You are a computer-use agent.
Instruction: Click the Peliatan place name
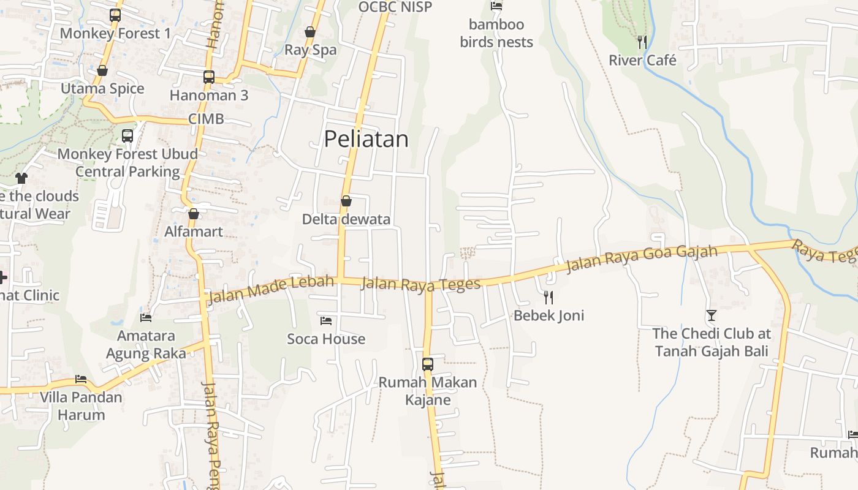coord(366,139)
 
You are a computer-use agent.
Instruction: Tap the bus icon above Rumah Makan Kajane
coord(428,364)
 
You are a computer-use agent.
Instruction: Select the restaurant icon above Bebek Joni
coord(549,298)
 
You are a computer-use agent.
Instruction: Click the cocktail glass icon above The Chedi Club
coord(711,315)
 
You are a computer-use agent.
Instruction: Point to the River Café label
coord(642,60)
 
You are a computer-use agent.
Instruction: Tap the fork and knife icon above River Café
coord(642,42)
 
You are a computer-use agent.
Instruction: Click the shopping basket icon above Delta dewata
coord(346,201)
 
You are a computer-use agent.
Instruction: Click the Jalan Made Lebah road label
coord(271,290)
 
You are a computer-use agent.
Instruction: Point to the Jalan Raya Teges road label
coord(420,285)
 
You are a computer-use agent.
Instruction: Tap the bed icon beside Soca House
coord(326,320)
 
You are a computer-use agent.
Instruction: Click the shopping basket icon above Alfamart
coord(194,214)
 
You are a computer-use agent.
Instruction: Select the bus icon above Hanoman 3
coord(209,77)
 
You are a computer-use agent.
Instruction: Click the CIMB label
coord(206,119)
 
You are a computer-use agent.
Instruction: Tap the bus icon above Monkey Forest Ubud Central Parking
coord(127,136)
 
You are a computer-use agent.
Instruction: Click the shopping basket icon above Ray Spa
coord(310,32)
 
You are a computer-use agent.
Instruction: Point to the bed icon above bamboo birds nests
coord(496,6)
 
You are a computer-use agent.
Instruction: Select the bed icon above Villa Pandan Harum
coord(81,379)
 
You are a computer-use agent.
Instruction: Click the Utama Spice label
coord(102,88)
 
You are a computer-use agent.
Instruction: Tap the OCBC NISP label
coord(395,7)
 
